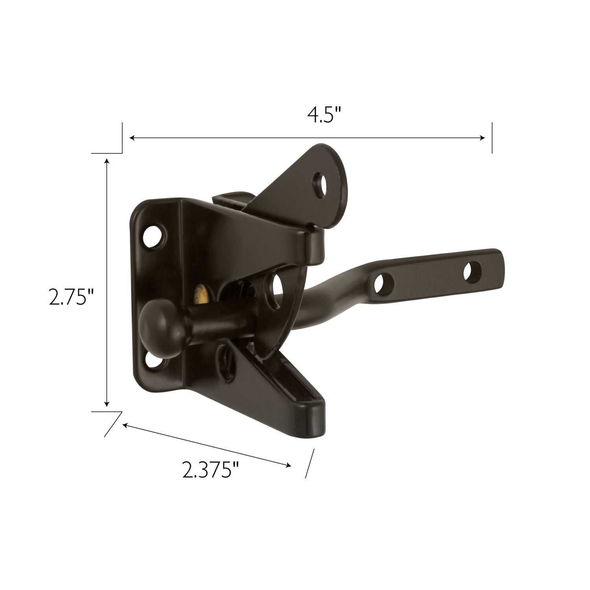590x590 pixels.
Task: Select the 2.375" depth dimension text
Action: [x=210, y=469]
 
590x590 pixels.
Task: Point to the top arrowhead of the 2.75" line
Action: [x=106, y=161]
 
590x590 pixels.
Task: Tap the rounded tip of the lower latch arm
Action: [x=315, y=423]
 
